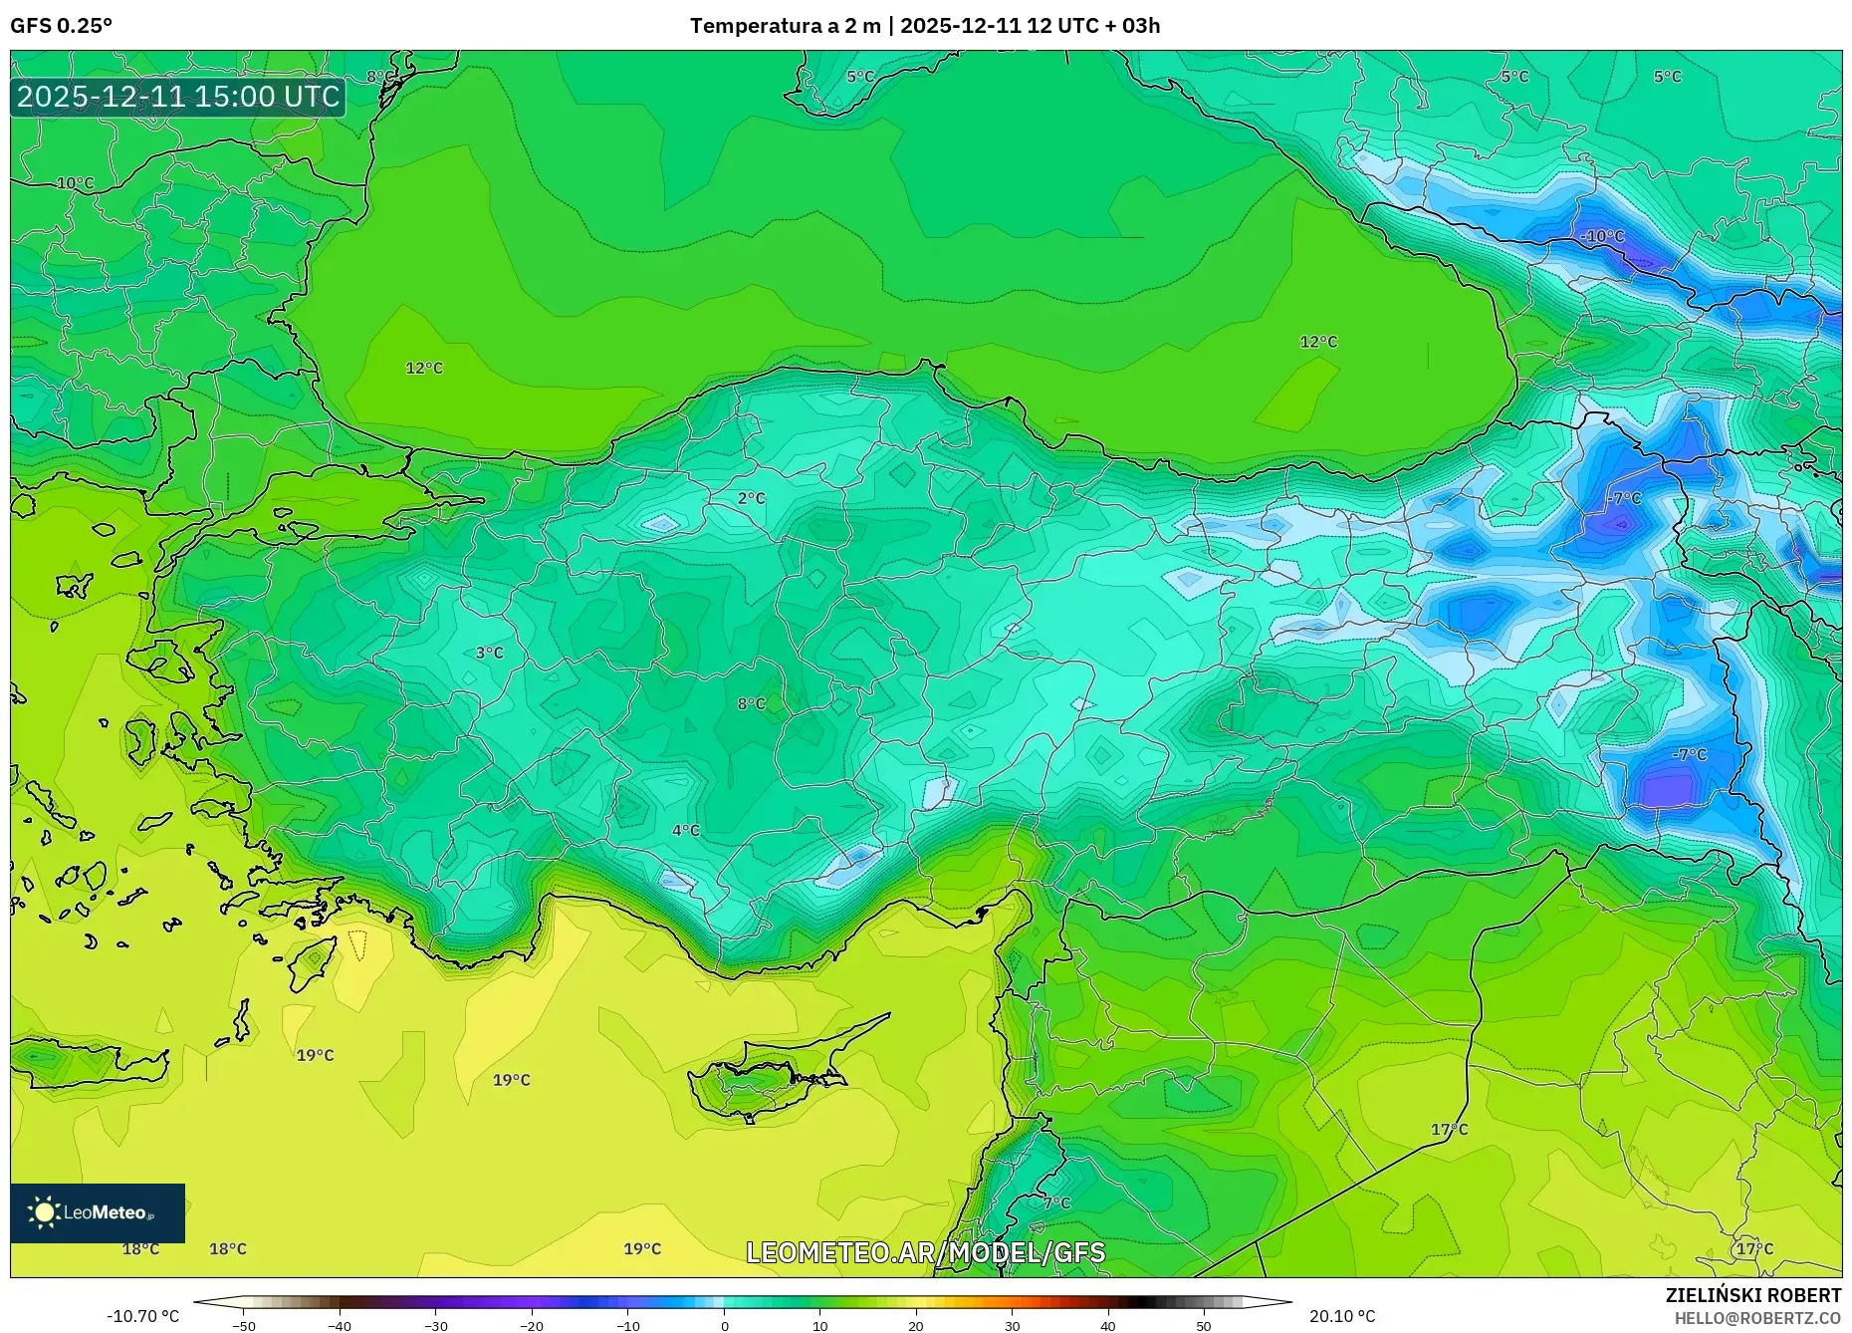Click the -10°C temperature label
point(1602,236)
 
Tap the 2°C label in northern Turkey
point(752,498)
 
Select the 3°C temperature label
point(489,653)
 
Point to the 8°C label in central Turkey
point(751,703)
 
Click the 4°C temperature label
point(685,830)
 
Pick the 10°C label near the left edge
point(75,183)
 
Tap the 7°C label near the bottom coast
point(1056,1202)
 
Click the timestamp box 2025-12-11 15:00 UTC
point(178,97)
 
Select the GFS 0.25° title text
point(61,26)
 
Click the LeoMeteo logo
point(98,1212)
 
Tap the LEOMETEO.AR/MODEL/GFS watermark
point(925,1252)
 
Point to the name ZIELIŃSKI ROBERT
point(1752,1295)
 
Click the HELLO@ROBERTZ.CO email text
point(1757,1318)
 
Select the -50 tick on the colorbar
point(244,1326)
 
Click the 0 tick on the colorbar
point(724,1326)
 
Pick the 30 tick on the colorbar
point(1012,1326)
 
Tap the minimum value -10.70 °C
point(143,1316)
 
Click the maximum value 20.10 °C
point(1341,1316)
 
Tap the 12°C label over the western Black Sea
point(423,368)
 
